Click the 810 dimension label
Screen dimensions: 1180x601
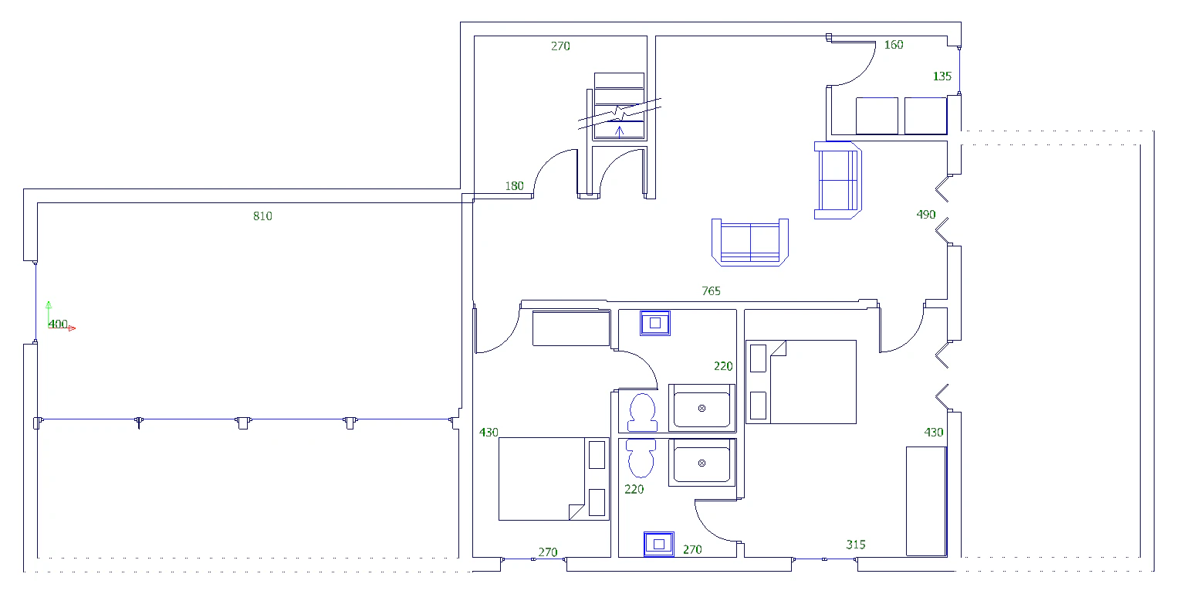(x=262, y=216)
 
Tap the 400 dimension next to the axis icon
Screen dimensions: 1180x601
(x=58, y=324)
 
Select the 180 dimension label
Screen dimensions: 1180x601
(x=514, y=186)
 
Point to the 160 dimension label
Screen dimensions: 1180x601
(x=894, y=45)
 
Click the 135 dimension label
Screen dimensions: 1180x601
(x=942, y=76)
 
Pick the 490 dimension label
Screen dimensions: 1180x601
(x=925, y=215)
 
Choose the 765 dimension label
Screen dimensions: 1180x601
(x=711, y=291)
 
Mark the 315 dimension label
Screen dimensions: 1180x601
(x=856, y=545)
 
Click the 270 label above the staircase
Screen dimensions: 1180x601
(x=560, y=46)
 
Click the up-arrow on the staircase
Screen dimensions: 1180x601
(x=620, y=131)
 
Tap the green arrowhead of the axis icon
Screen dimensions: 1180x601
(x=49, y=304)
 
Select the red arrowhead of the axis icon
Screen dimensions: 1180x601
(x=73, y=328)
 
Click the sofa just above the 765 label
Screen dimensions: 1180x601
(x=749, y=243)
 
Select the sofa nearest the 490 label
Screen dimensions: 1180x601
(x=837, y=180)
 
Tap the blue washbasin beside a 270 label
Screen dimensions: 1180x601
(x=658, y=544)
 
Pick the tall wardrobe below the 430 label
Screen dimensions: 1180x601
(x=926, y=501)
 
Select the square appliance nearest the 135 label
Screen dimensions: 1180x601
(x=925, y=115)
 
